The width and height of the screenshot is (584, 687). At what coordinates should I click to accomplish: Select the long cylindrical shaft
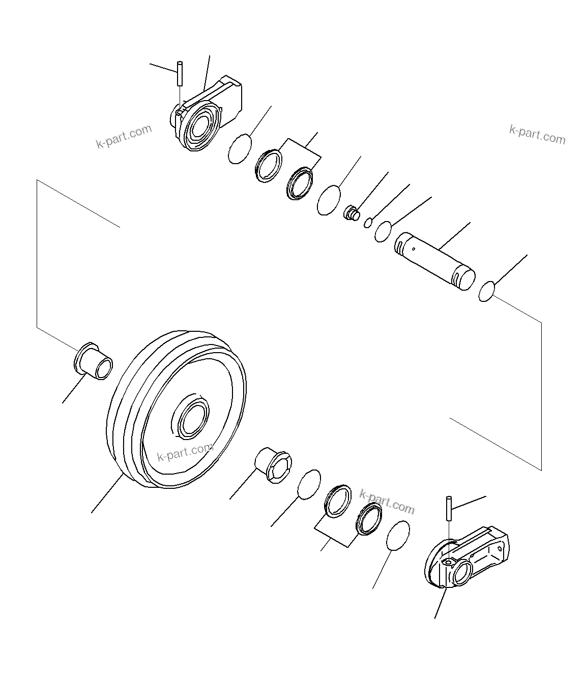tap(435, 262)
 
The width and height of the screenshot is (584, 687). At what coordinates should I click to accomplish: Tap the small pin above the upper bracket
tap(180, 74)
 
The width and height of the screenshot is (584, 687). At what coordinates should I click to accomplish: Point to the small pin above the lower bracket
tap(449, 508)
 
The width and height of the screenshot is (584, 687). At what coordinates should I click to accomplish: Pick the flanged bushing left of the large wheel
tap(94, 361)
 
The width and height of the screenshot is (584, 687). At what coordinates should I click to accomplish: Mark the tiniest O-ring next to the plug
tap(368, 222)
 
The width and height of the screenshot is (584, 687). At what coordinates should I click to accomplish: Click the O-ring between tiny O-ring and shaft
tap(383, 231)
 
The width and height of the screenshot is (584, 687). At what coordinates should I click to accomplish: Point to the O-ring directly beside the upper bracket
tap(240, 149)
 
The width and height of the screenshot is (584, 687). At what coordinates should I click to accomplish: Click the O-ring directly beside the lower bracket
tap(398, 535)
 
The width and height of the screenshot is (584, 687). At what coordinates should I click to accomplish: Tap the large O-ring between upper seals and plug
tap(329, 200)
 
